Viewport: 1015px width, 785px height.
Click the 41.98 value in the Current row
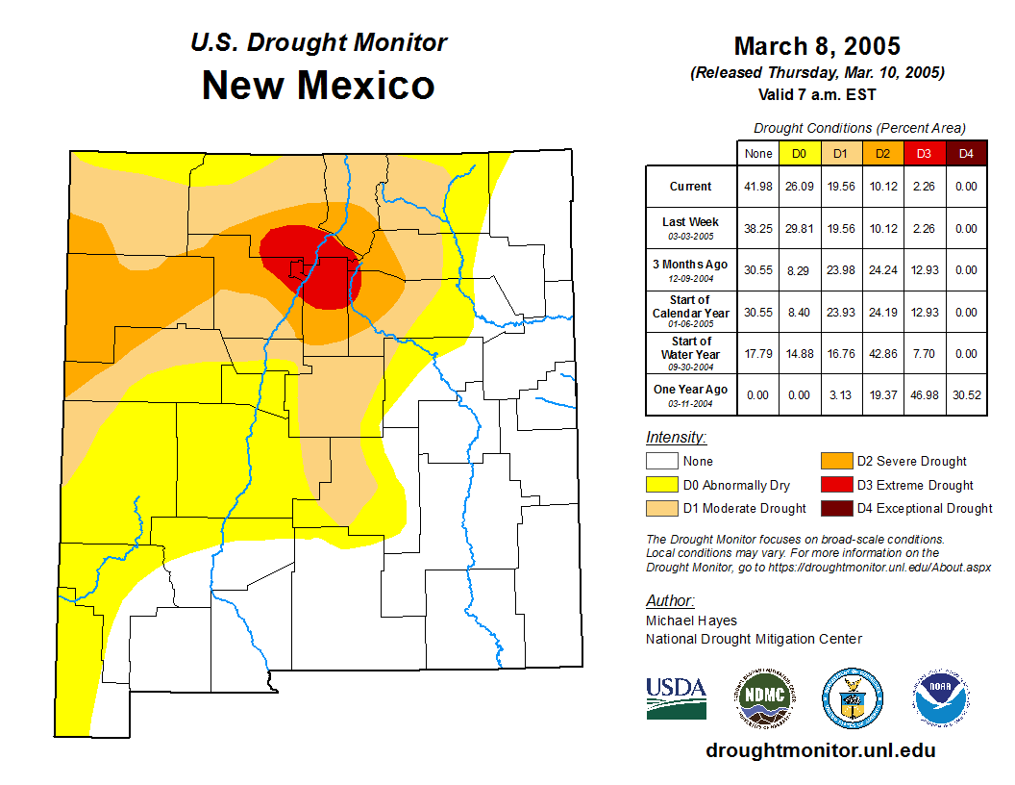(x=758, y=187)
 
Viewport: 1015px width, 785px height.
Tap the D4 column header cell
(x=965, y=153)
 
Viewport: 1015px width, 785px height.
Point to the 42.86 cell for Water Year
(x=881, y=354)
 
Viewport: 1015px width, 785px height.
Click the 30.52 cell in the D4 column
(x=965, y=394)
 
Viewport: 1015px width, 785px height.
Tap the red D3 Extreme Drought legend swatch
(x=835, y=485)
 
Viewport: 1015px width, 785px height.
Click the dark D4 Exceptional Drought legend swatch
(x=835, y=508)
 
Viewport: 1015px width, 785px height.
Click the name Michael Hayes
(x=691, y=620)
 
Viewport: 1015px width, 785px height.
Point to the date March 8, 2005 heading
(x=817, y=46)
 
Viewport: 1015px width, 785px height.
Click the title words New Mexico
(x=318, y=85)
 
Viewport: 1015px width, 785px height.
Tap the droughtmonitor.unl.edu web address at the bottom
(x=820, y=750)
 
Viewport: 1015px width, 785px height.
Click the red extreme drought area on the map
(x=312, y=269)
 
